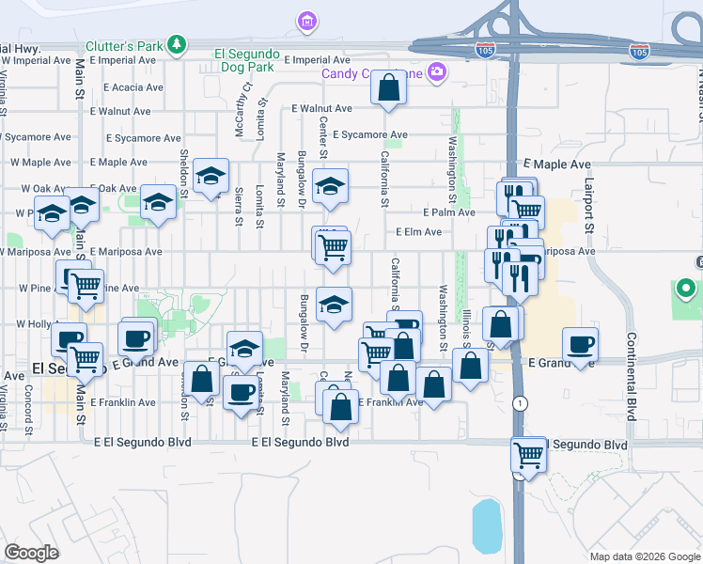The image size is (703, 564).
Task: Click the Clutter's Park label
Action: tap(125, 44)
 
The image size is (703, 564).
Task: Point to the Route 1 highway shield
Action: tap(519, 402)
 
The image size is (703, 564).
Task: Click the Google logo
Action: tap(31, 553)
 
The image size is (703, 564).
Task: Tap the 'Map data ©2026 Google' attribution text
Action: tap(644, 556)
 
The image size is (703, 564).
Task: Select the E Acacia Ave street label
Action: tap(127, 86)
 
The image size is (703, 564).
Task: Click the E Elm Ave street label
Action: tap(418, 232)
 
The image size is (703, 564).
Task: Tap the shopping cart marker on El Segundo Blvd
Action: tap(528, 456)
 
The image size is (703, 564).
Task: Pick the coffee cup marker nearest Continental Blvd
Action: tap(580, 343)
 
